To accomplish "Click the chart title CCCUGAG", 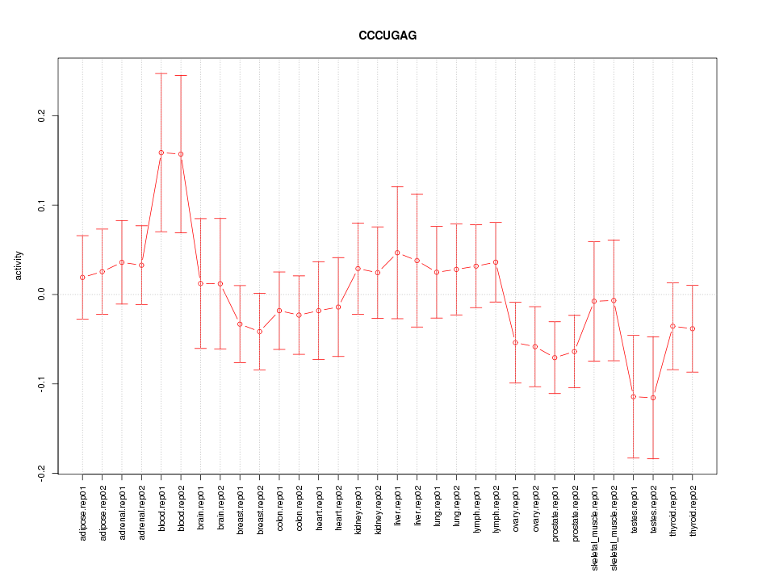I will point(387,36).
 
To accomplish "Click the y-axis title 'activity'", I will point(19,265).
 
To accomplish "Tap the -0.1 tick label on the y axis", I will point(41,383).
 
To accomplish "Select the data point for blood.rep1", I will point(161,153).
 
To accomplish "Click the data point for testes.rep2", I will point(653,398).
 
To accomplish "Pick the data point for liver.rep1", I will point(397,253).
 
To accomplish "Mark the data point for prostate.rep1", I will point(555,357).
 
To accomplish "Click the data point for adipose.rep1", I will point(82,278).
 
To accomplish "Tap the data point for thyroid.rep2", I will point(693,328).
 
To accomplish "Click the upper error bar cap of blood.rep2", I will point(181,75).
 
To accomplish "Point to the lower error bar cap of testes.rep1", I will point(634,458).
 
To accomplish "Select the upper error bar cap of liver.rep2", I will point(417,194).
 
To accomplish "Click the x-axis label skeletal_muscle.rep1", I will point(594,525).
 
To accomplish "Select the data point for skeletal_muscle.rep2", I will point(614,300).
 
